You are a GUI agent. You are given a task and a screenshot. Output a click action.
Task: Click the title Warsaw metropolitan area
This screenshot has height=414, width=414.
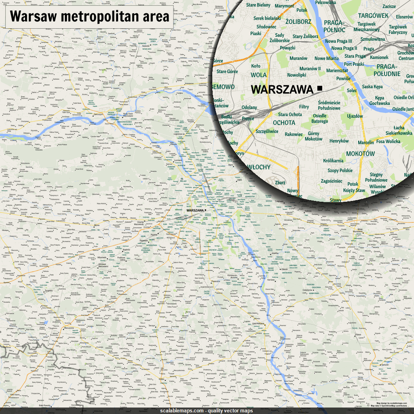[x=89, y=17]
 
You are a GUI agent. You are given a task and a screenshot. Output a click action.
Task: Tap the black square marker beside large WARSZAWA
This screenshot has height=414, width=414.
[x=320, y=88]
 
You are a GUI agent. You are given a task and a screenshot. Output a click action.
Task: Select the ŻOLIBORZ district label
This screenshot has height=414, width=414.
[x=298, y=21]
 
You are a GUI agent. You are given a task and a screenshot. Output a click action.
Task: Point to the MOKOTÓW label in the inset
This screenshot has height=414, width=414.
[x=361, y=154]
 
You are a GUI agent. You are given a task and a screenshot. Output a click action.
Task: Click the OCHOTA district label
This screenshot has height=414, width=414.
[x=284, y=123]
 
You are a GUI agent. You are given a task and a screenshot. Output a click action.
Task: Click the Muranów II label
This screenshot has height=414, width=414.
[x=310, y=69]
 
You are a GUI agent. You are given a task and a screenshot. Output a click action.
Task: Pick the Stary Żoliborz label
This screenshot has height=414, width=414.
[x=305, y=37]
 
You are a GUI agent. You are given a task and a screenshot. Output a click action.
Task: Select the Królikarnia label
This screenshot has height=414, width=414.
[x=333, y=161]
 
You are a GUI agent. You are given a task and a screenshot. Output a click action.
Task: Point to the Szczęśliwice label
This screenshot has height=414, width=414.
[x=267, y=131]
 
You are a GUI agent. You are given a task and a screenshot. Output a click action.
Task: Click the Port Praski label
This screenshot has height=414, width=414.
[x=354, y=64]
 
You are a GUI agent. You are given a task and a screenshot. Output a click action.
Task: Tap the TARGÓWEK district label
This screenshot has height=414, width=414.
[x=373, y=16]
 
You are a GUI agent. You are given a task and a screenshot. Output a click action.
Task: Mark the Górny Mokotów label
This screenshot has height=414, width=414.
[x=313, y=136]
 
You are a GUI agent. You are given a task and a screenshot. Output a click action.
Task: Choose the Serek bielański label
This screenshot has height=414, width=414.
[x=267, y=18]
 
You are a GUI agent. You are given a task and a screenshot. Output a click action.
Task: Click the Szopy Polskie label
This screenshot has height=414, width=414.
[x=340, y=171]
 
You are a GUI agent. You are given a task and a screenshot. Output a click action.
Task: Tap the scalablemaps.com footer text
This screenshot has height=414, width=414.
[x=207, y=411]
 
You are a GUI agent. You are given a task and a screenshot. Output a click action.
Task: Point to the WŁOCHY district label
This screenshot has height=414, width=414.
[x=258, y=167]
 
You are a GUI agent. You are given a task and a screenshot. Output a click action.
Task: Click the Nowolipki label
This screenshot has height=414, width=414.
[x=296, y=75]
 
